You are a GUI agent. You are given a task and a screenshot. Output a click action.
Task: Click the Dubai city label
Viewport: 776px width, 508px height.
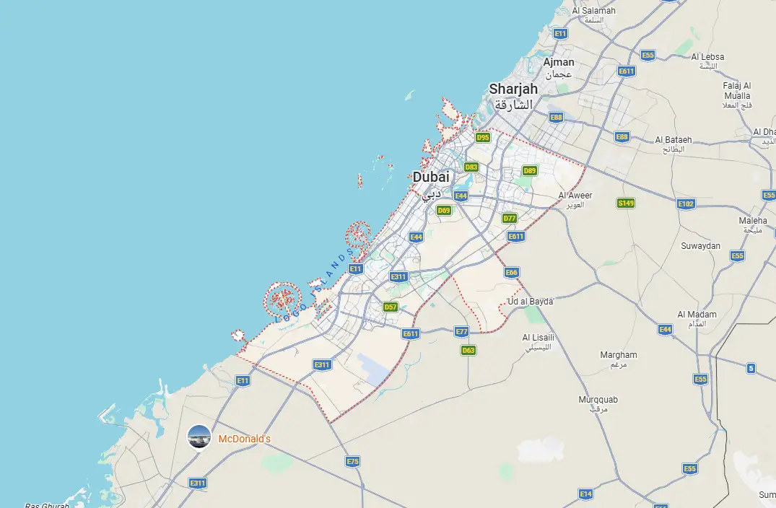click(431, 177)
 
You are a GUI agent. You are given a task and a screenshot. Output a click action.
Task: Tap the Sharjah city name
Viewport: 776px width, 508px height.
click(513, 89)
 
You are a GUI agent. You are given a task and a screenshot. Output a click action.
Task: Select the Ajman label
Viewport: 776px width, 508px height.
click(559, 63)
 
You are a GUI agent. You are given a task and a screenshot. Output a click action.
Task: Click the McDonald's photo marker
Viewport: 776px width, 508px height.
click(199, 437)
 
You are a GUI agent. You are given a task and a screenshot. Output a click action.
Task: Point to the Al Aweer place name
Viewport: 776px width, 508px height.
click(575, 196)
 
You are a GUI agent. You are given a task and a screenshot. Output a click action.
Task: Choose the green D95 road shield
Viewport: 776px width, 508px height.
click(483, 137)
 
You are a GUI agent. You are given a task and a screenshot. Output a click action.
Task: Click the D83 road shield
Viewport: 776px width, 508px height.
click(471, 167)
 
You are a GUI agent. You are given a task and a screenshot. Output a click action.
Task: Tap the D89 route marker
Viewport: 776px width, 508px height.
click(530, 170)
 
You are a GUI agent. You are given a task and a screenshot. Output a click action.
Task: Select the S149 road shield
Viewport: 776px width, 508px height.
click(626, 203)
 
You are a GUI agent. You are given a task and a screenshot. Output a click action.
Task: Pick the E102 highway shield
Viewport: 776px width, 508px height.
click(686, 204)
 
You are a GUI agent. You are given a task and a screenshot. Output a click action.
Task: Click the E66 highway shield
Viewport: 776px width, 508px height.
click(512, 272)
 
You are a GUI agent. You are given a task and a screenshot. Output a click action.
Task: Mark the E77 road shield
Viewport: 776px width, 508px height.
click(462, 331)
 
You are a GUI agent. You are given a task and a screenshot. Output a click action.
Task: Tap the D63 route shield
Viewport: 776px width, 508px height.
click(468, 351)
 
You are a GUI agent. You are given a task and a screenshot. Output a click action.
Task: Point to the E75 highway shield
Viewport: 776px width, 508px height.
click(352, 461)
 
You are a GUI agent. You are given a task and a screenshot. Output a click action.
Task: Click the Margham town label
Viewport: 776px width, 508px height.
click(619, 355)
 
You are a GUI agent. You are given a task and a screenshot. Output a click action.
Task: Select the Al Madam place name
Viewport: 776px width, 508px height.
click(697, 315)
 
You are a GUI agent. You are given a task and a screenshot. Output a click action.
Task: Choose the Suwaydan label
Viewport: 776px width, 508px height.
click(700, 246)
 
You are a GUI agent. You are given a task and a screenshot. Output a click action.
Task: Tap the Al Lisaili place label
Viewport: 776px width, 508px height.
click(538, 338)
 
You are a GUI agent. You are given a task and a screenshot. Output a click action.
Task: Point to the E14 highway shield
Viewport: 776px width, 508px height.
click(586, 494)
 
